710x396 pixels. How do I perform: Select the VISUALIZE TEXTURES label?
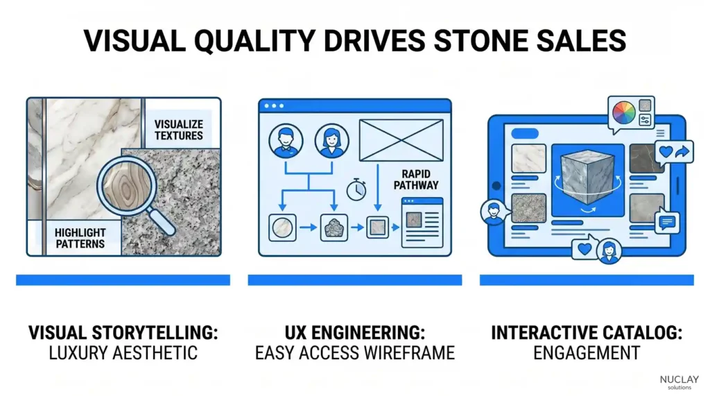click(x=179, y=130)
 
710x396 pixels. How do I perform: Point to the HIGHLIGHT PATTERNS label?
click(x=80, y=238)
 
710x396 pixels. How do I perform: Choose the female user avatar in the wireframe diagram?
click(x=331, y=141)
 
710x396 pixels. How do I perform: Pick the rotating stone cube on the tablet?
click(x=585, y=176)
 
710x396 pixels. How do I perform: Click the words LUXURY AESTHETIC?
click(x=123, y=353)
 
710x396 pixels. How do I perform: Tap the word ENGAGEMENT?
click(x=586, y=353)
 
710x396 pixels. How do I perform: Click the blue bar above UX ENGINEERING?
click(x=354, y=279)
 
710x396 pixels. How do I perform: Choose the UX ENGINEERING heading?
click(x=354, y=332)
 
